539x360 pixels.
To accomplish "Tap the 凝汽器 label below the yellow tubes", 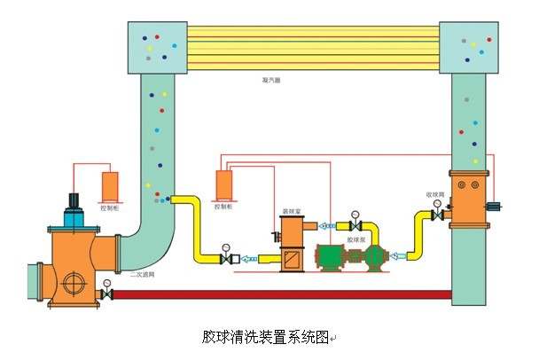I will (271, 79).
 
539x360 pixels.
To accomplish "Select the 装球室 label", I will (289, 213).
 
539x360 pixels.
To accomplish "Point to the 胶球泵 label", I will (357, 239).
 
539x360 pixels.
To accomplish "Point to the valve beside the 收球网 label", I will (436, 215).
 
